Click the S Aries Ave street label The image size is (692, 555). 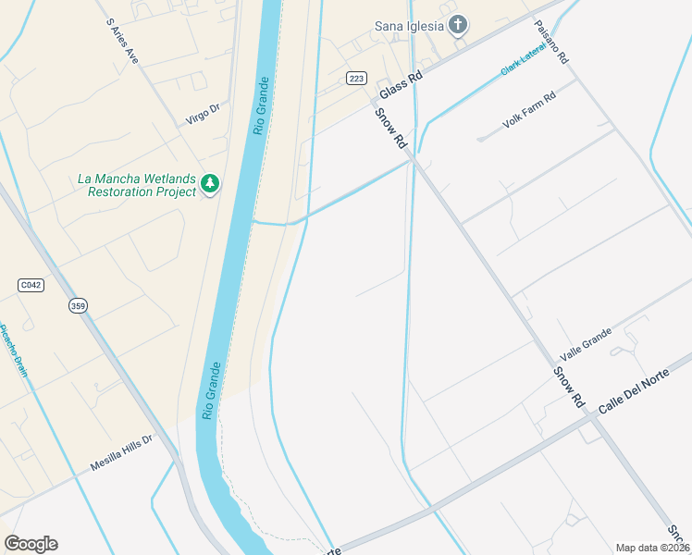coord(123,40)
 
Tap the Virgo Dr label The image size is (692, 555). coord(203,114)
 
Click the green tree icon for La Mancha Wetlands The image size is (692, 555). coord(211,184)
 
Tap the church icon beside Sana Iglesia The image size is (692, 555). coord(457,25)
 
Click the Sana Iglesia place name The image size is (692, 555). coord(410,26)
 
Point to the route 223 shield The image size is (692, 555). coord(356,78)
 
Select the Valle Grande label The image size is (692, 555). coord(586,344)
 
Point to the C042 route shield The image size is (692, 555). coord(31,285)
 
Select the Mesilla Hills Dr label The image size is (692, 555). coord(120,454)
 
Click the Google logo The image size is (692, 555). coord(31,544)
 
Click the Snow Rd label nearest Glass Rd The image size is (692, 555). coord(391,128)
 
